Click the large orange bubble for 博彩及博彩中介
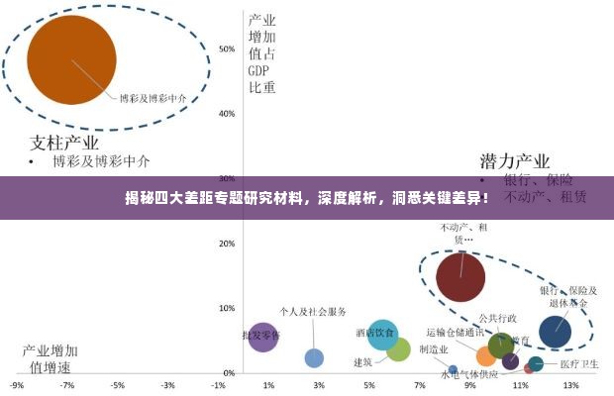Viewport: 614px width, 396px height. click(71, 60)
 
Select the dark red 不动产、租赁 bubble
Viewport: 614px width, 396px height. click(460, 275)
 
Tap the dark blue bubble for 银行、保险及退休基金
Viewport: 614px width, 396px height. click(555, 333)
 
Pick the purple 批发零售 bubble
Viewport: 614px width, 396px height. click(262, 339)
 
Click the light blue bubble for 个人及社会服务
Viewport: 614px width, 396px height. click(314, 357)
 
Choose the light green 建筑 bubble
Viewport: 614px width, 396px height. click(398, 349)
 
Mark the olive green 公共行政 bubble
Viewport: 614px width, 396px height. click(501, 346)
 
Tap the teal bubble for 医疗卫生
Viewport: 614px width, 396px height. click(536, 364)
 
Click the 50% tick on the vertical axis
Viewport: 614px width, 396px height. click(227, 49)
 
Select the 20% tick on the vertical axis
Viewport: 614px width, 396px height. click(227, 244)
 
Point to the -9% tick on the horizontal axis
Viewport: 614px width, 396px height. click(17, 385)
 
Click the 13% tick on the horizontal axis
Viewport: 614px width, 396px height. click(569, 385)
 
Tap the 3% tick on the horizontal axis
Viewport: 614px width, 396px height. click(318, 385)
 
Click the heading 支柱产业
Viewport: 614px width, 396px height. click(66, 141)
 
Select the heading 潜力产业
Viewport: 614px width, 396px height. click(514, 160)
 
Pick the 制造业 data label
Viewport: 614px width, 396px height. click(434, 349)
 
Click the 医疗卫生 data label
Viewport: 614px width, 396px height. click(579, 364)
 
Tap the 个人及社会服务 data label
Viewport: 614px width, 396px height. click(313, 312)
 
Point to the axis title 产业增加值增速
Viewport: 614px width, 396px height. click(51, 359)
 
